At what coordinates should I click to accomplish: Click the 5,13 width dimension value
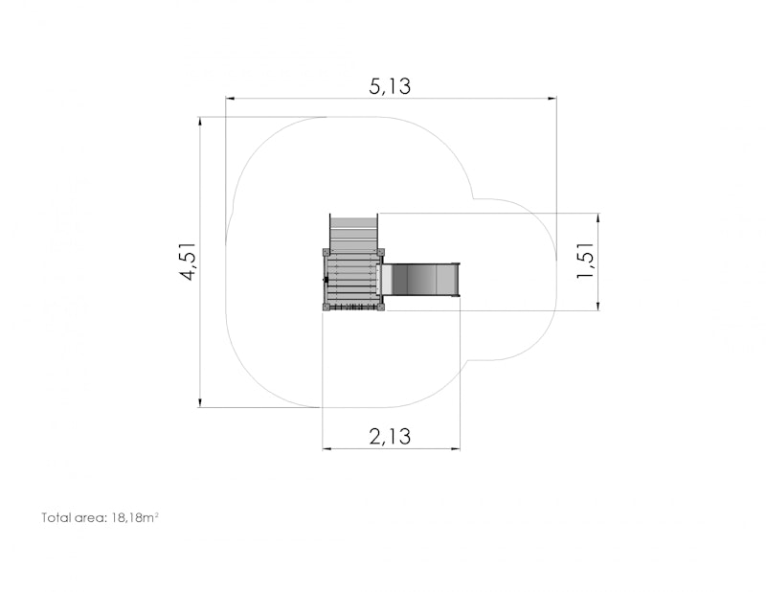tap(390, 86)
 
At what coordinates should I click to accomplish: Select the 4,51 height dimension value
tap(188, 262)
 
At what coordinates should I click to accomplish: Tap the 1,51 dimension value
tap(585, 261)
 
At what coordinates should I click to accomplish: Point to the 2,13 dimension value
tap(390, 436)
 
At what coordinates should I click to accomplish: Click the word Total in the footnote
tap(56, 517)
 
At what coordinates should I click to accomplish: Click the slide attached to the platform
tap(420, 279)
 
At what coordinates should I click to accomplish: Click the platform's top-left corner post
tap(326, 252)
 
